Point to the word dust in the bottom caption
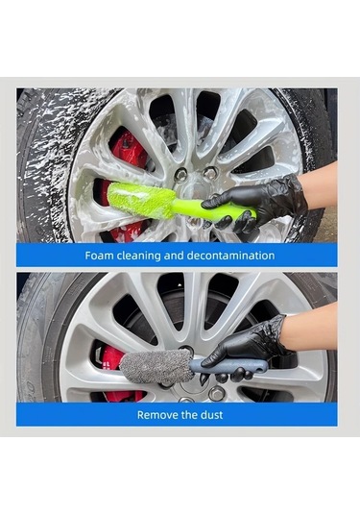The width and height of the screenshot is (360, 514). point(212,415)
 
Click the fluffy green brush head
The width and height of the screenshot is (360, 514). point(141,200)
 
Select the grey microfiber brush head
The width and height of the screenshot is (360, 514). point(156,365)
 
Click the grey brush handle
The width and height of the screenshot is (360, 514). point(229,365)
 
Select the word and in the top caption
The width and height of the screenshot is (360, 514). point(174,255)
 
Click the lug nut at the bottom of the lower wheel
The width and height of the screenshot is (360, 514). point(216,393)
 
